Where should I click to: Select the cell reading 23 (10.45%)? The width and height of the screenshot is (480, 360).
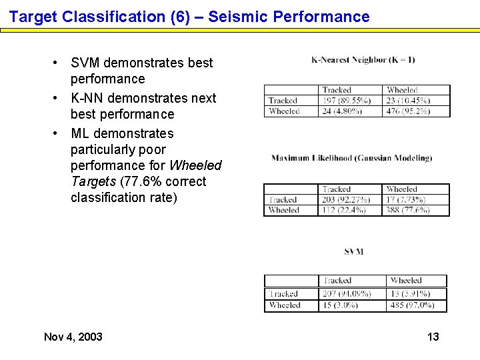408,101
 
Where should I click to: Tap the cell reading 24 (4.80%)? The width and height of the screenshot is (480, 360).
343,111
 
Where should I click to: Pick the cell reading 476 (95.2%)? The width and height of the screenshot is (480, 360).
408,111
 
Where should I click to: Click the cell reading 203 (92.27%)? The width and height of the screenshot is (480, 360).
345,199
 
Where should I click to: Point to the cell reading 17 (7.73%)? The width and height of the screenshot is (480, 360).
407,199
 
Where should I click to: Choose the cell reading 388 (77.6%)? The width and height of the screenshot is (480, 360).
407,210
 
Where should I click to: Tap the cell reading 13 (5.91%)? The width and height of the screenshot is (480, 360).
411,294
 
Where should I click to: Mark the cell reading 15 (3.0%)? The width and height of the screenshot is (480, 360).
340,305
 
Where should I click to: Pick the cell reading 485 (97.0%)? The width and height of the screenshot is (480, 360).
412,305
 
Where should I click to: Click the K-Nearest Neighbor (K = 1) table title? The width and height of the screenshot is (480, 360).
363,60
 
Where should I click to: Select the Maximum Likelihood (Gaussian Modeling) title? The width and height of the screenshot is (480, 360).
351,158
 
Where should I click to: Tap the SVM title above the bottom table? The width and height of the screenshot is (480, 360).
354,251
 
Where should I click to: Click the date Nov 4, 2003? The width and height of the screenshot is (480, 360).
73,337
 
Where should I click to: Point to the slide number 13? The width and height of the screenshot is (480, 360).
433,337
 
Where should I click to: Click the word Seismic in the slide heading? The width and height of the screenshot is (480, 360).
233,17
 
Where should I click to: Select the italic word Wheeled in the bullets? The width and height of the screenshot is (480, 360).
195,165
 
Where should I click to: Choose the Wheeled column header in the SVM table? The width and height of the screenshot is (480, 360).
406,281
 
